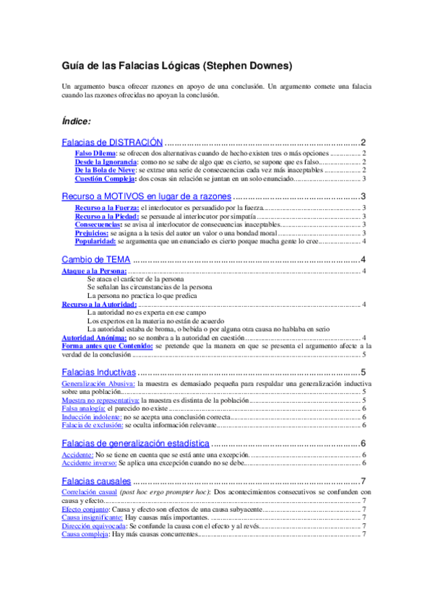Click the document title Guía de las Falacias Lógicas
[x=177, y=66]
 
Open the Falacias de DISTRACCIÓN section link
[x=112, y=142]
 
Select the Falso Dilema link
[x=96, y=153]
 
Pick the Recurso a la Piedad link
[x=107, y=216]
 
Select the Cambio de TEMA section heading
[x=95, y=259]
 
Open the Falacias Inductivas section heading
[x=98, y=372]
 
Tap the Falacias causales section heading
[x=96, y=481]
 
